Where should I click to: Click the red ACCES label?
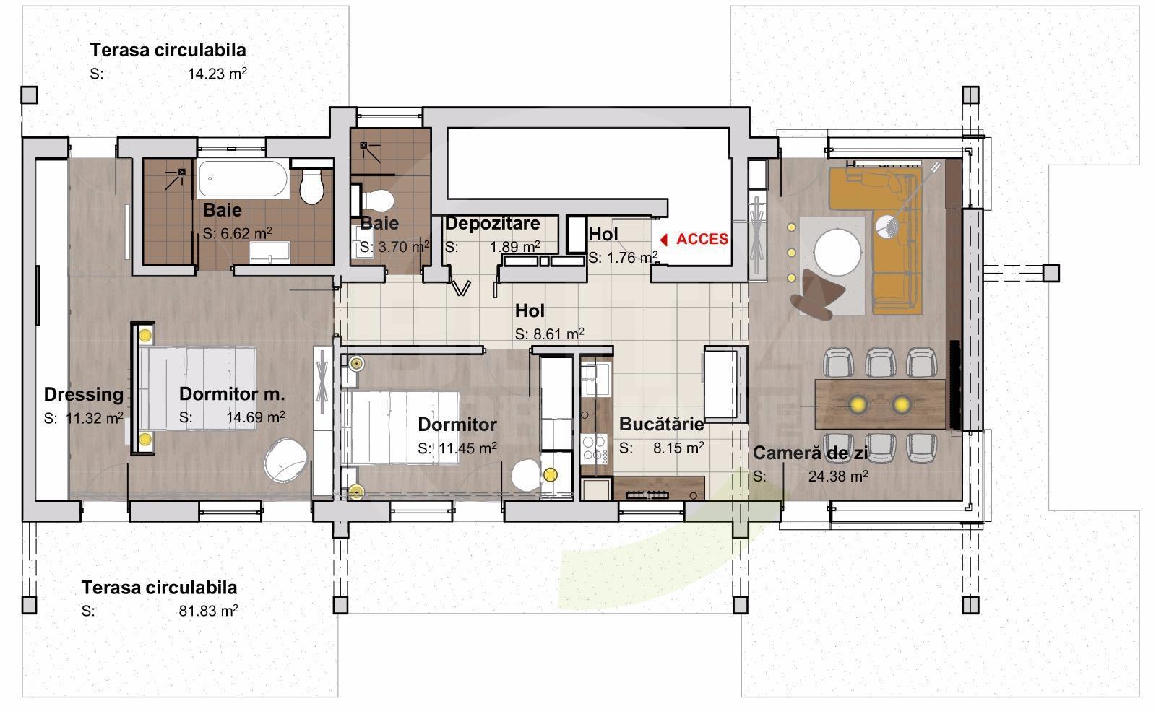(702, 239)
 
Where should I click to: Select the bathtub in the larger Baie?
(243, 178)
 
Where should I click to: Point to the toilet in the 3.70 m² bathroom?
(379, 200)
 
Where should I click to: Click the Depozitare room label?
(492, 223)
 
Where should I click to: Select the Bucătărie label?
(661, 424)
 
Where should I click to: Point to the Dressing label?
(84, 394)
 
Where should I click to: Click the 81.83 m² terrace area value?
(208, 611)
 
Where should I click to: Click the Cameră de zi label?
(810, 453)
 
